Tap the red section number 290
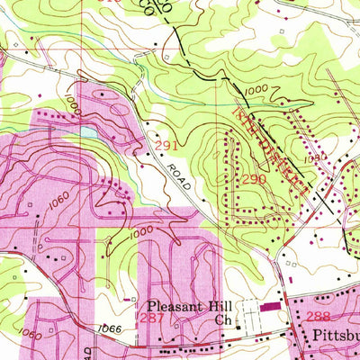(x=253, y=179)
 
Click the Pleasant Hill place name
(x=183, y=305)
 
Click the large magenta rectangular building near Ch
(x=269, y=307)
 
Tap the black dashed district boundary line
(x=216, y=63)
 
